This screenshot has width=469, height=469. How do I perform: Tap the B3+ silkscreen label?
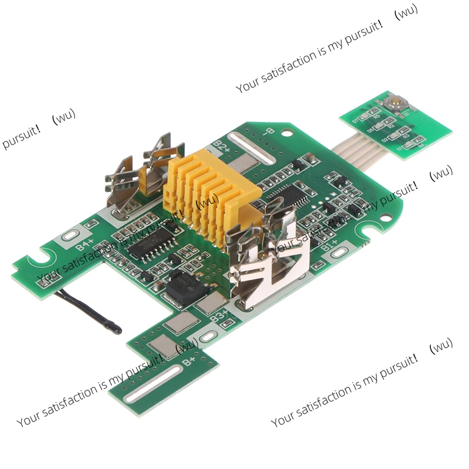click(219, 318)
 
